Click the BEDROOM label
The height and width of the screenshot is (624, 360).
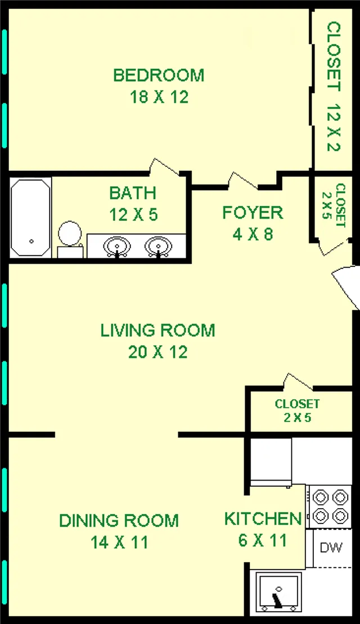click(158, 75)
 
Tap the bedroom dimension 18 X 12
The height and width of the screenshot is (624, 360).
click(158, 97)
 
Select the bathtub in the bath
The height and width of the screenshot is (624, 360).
click(31, 218)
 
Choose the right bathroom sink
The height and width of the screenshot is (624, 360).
click(158, 246)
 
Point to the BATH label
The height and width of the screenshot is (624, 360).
click(132, 193)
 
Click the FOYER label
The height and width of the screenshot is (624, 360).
click(253, 212)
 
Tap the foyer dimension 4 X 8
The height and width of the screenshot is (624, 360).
click(253, 234)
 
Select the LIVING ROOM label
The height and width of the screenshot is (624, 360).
click(157, 330)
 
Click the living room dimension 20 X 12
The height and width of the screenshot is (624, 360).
click(157, 352)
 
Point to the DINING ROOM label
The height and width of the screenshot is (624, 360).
click(119, 521)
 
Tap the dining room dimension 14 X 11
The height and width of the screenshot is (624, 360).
click(119, 542)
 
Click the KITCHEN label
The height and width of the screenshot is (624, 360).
click(263, 518)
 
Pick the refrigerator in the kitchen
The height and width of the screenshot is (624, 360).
click(271, 462)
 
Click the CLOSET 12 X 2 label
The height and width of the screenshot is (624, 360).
click(334, 87)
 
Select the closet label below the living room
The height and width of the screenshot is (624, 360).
click(297, 410)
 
